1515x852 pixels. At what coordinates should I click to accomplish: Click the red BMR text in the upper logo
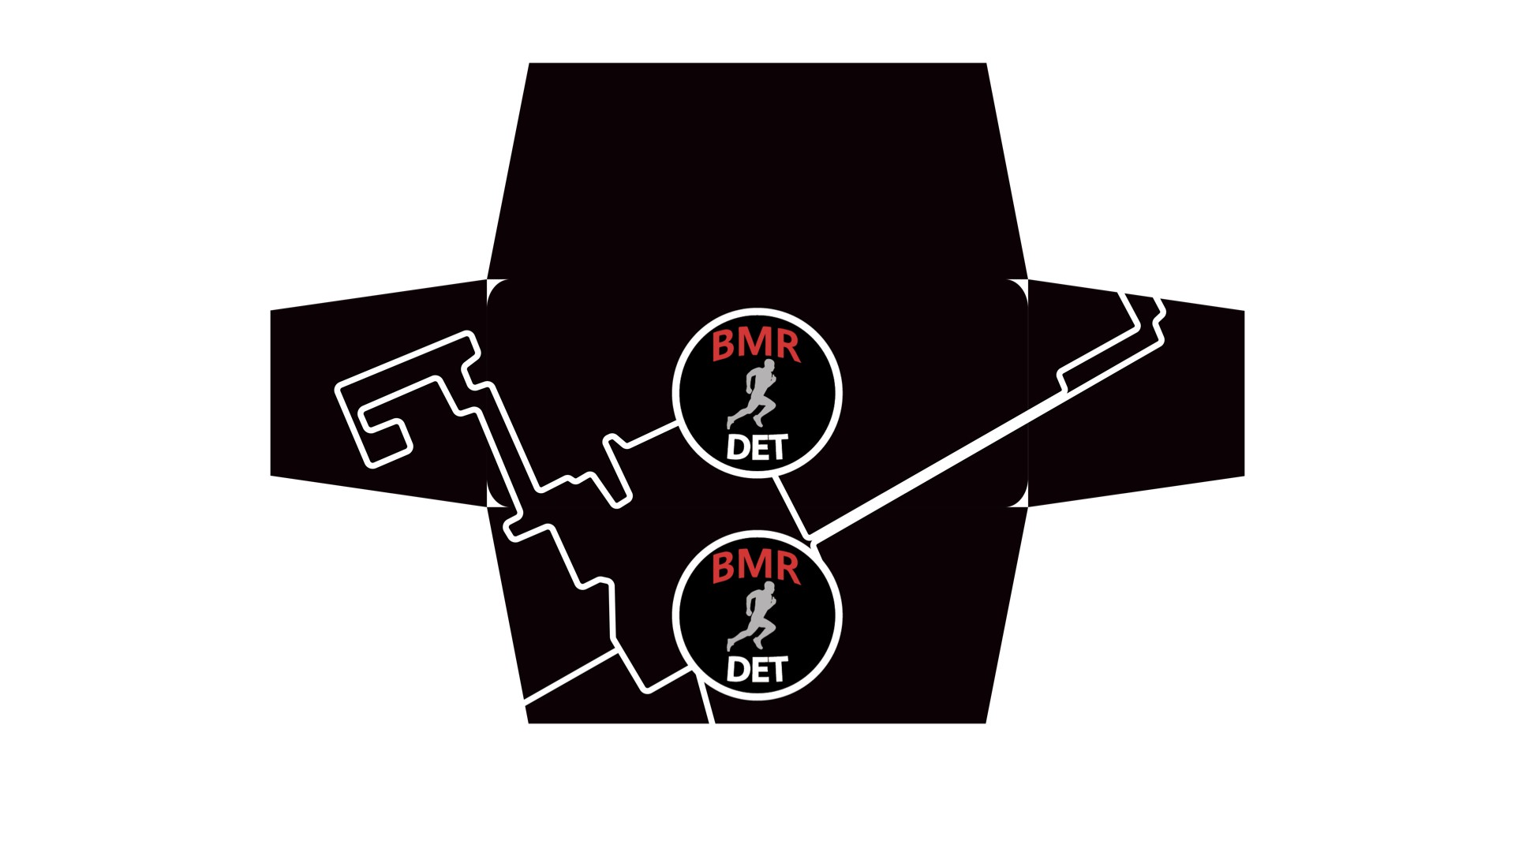pos(756,345)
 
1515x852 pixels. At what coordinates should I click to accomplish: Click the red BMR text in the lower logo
pos(756,567)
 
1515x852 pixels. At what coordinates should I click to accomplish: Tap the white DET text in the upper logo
pos(757,447)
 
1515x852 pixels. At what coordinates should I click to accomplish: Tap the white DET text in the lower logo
pos(757,670)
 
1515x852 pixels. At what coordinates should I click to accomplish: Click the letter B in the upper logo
pos(724,346)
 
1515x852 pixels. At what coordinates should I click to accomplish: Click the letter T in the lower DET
pos(777,670)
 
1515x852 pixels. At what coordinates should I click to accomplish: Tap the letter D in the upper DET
pos(738,448)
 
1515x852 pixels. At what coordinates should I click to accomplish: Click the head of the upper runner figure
pos(769,364)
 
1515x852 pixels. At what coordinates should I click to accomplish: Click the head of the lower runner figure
pos(769,587)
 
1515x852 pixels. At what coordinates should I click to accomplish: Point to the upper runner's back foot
pos(730,424)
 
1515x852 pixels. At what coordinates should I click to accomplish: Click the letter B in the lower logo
pos(724,568)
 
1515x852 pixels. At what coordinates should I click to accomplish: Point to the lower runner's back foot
pos(730,646)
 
